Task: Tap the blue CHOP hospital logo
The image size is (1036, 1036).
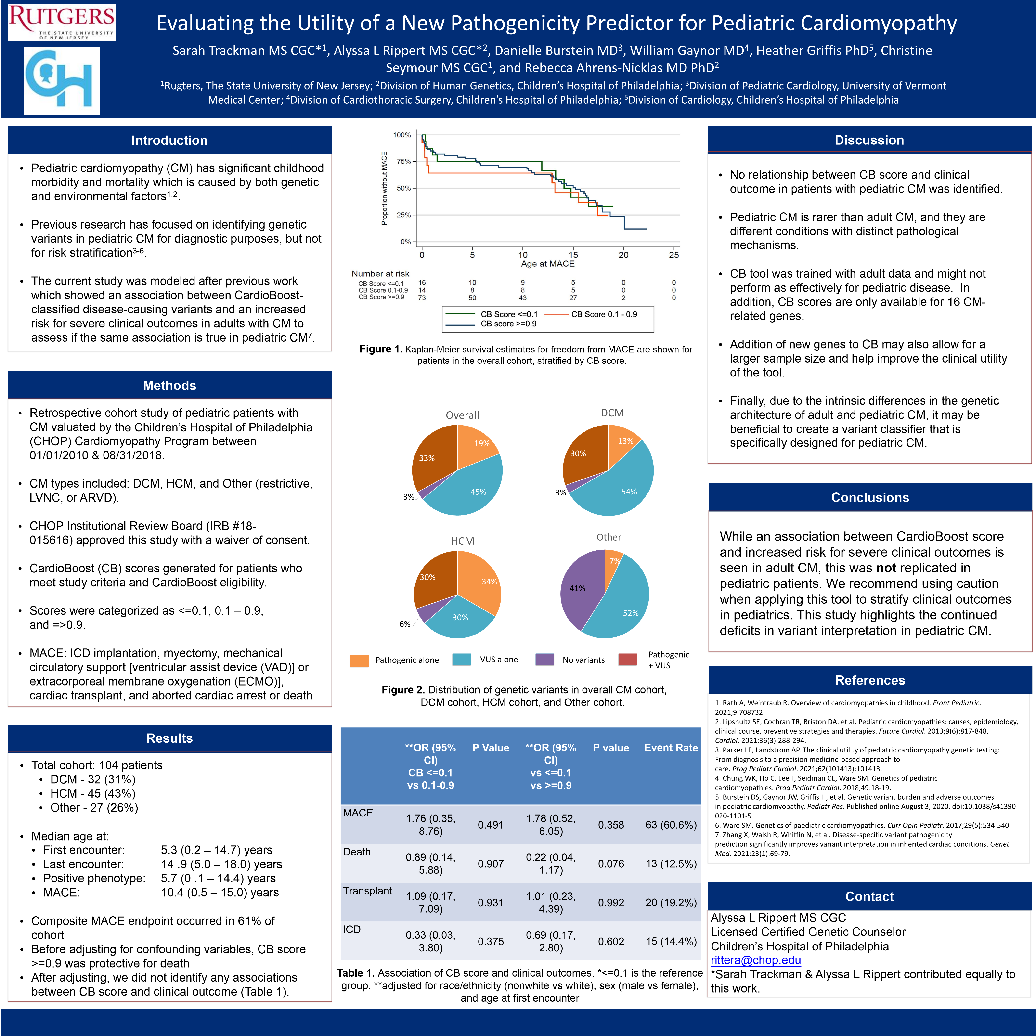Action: [x=62, y=80]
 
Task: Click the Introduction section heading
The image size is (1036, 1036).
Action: [x=169, y=141]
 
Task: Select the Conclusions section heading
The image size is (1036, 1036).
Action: [x=870, y=498]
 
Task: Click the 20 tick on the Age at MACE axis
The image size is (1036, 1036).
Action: [x=624, y=255]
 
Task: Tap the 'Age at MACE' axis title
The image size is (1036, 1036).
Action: [x=547, y=264]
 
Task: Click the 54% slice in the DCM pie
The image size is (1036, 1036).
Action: [x=625, y=485]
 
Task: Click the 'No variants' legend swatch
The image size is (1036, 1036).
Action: [x=544, y=660]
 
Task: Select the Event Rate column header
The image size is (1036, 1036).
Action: [x=671, y=748]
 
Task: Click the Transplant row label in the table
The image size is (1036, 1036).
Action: [x=368, y=891]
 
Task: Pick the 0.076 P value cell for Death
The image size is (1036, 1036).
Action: [x=611, y=864]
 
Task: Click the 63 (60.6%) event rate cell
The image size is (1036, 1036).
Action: [x=671, y=825]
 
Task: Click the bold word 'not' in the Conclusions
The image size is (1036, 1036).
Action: [x=886, y=568]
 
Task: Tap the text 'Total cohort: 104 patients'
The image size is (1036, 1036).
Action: [x=97, y=765]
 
